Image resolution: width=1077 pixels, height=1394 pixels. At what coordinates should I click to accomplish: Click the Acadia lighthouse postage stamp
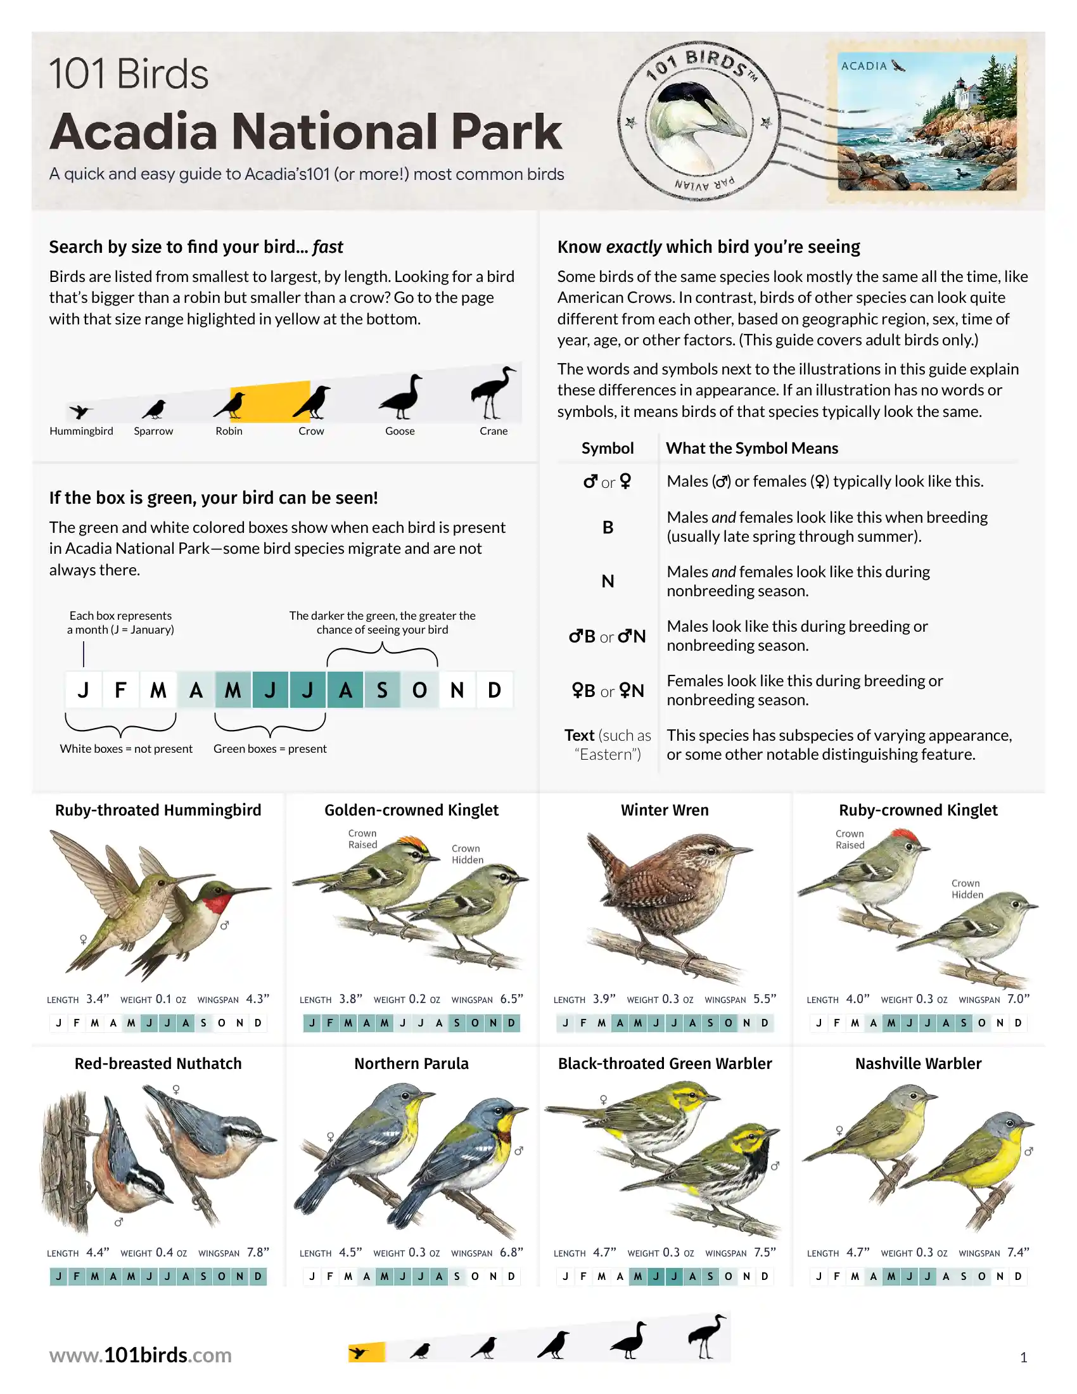tap(927, 121)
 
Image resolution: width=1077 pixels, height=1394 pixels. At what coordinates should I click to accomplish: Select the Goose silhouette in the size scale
tap(400, 397)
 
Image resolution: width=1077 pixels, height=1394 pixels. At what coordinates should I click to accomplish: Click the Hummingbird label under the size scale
tap(81, 431)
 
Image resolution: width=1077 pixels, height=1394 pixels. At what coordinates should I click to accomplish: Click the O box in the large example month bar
tap(419, 690)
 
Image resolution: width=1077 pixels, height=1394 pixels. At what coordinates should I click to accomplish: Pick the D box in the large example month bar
tap(495, 690)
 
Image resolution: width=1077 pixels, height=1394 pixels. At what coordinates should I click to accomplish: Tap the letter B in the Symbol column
tap(608, 527)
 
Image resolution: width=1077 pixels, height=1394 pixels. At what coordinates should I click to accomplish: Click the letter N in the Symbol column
tap(608, 582)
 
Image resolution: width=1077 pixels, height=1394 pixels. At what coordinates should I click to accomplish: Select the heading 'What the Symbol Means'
tap(752, 448)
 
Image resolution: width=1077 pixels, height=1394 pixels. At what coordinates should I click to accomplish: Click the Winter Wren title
tap(665, 810)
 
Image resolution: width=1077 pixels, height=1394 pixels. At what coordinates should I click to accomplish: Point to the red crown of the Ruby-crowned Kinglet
tap(905, 834)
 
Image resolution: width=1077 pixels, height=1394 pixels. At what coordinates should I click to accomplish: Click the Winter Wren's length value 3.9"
tap(604, 999)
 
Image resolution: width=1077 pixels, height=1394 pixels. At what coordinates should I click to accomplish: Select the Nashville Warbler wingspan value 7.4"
tap(1018, 1252)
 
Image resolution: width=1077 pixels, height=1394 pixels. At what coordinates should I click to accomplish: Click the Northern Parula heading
tap(412, 1063)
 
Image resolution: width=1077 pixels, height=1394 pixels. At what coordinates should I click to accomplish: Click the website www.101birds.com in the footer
tap(141, 1355)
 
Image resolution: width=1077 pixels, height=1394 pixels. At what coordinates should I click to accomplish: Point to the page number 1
tap(1023, 1357)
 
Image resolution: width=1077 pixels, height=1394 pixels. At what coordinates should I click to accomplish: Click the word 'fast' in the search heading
tap(328, 247)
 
